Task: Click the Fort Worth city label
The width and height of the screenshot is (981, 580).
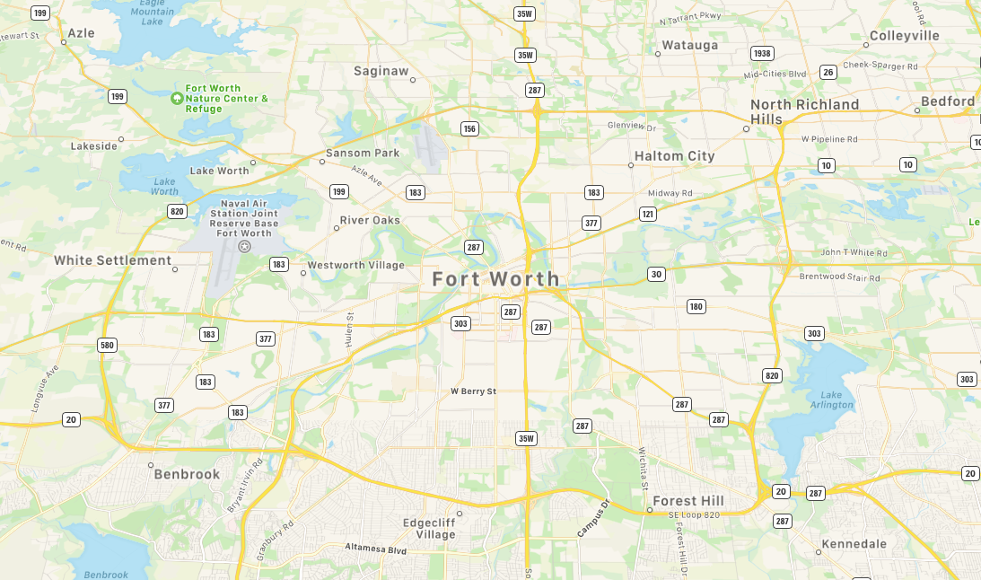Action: coord(495,279)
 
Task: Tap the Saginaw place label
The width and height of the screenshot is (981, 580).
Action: coord(381,71)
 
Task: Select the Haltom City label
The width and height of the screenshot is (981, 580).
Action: coord(674,156)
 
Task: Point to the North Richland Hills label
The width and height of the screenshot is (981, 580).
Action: coord(804,111)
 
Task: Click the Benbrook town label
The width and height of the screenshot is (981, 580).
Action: coord(187,474)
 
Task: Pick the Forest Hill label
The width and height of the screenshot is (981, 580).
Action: coord(688,500)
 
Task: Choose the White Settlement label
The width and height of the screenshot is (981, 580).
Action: coord(112,260)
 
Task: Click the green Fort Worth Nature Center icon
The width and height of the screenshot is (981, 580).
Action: coord(176,97)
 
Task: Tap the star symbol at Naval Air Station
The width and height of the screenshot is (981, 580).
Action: coord(243,246)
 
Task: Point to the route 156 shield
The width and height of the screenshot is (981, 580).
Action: coord(469,129)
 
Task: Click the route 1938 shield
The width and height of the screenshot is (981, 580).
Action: coord(762,54)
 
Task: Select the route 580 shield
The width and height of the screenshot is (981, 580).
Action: coord(108,346)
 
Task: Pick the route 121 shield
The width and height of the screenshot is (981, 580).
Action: coord(647,214)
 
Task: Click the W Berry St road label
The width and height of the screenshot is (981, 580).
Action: coord(473,391)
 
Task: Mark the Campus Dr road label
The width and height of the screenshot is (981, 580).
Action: coord(593,519)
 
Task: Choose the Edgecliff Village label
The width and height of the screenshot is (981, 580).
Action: coord(429,528)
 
